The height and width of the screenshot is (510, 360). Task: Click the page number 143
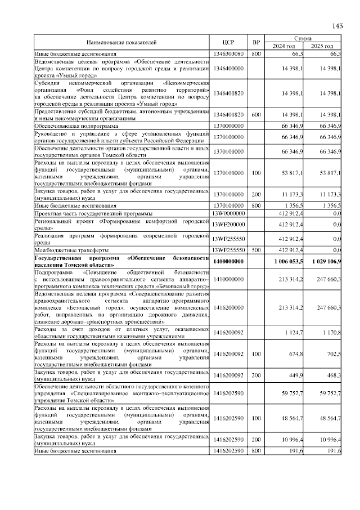[337, 25]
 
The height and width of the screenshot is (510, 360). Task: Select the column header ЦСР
[228, 42]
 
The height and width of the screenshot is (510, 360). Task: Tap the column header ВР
[256, 42]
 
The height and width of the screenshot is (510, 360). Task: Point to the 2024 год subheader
[284, 46]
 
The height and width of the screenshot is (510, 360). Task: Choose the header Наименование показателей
[121, 42]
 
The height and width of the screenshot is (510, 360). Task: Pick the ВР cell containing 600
[256, 115]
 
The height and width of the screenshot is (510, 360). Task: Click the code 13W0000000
[228, 214]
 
